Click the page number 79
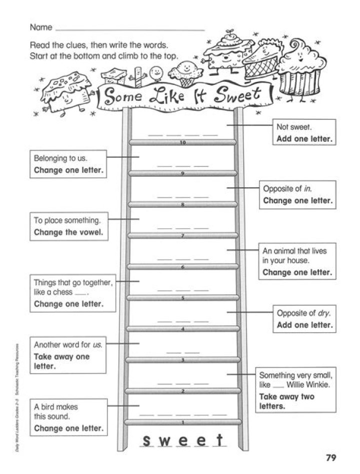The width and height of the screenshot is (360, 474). [329, 457]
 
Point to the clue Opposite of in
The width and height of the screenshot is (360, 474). [297, 194]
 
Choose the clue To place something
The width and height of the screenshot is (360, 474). [69, 226]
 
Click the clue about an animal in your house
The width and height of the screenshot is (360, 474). [296, 261]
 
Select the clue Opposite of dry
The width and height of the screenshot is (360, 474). [304, 319]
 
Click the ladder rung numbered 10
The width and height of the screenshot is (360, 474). [182, 142]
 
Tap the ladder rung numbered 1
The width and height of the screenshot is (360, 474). [182, 423]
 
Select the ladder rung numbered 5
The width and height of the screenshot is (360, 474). [182, 298]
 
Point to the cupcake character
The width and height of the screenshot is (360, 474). [299, 65]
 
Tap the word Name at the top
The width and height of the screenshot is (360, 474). [41, 27]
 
